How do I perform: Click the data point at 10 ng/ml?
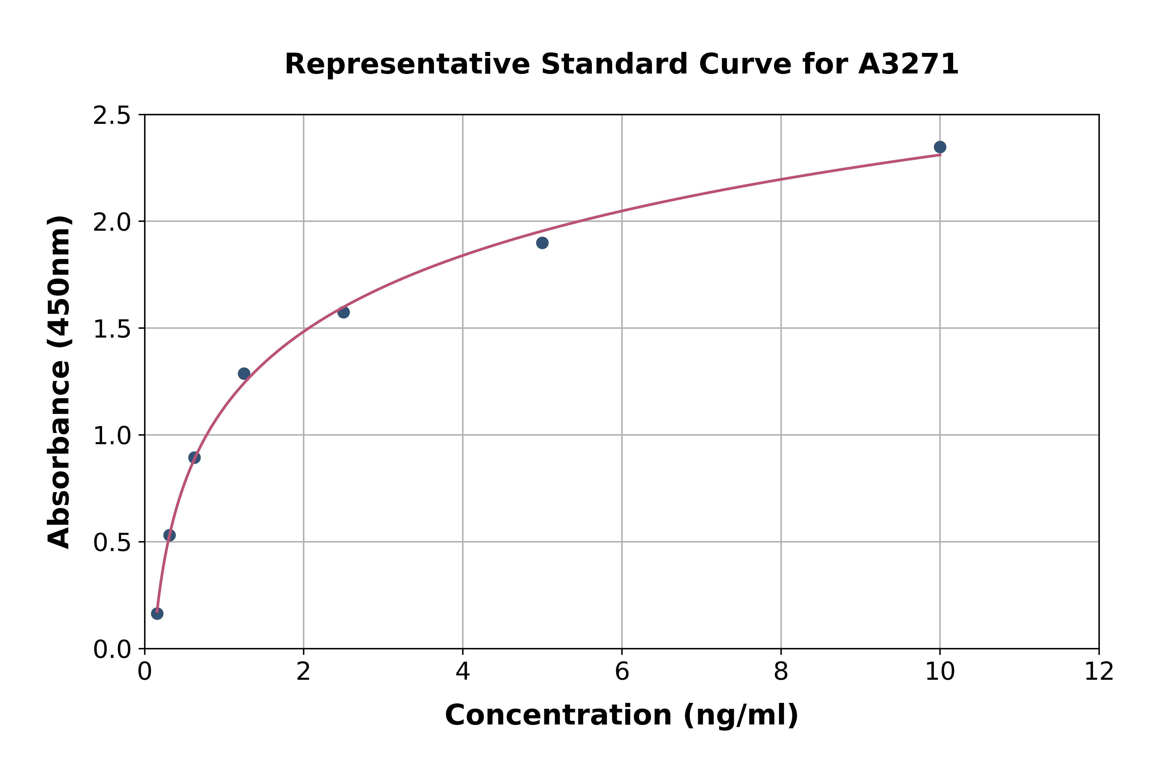940,147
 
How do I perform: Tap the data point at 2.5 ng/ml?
343,312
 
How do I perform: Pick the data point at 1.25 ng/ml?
244,373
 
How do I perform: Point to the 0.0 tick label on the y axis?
112,650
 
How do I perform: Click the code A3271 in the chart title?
908,64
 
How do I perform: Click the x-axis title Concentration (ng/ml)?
621,715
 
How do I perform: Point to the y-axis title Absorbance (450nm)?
59,382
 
